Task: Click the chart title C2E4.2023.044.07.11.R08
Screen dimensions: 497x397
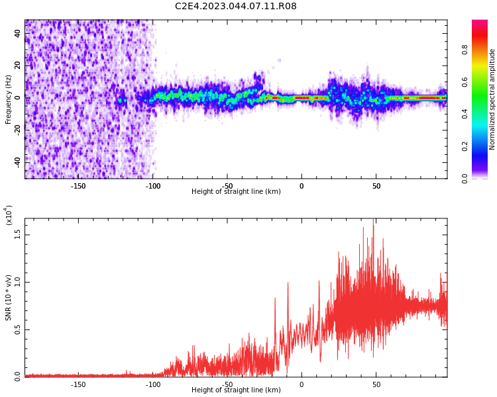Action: click(x=235, y=6)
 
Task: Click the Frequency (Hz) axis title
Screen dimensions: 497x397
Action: click(x=8, y=99)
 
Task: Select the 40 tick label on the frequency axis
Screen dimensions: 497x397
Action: click(x=17, y=34)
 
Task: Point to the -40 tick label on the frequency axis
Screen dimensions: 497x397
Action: click(x=17, y=162)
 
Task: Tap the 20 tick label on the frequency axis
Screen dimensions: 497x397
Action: click(x=17, y=66)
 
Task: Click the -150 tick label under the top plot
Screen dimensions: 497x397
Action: click(x=78, y=186)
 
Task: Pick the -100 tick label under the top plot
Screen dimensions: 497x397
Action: click(x=153, y=186)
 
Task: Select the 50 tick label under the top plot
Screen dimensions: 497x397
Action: click(x=376, y=186)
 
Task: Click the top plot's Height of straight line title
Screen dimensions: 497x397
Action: click(x=236, y=191)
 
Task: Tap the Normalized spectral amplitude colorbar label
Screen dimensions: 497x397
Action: click(x=492, y=99)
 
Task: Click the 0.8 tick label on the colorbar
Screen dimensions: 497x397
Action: click(x=465, y=50)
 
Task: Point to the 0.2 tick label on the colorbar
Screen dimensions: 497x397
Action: click(x=465, y=147)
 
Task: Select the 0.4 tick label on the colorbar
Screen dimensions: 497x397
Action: click(x=465, y=114)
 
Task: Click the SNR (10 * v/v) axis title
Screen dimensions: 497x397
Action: click(x=8, y=298)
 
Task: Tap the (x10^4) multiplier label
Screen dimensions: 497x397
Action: click(x=9, y=215)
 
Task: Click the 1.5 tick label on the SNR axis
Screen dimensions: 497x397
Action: click(x=17, y=235)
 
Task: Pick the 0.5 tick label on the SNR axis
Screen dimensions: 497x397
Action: click(x=17, y=330)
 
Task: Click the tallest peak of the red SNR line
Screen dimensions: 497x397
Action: click(x=373, y=219)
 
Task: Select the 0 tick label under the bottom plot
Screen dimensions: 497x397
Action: click(x=302, y=384)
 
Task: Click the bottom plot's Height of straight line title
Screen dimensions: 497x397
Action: click(x=236, y=390)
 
